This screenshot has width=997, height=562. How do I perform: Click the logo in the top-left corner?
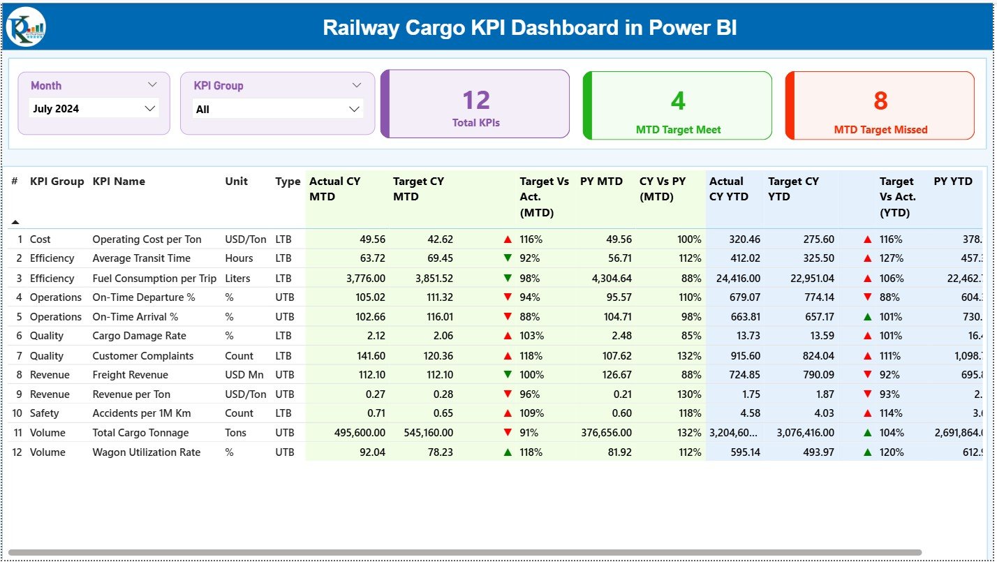point(26,27)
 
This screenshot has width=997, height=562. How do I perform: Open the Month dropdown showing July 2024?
point(94,108)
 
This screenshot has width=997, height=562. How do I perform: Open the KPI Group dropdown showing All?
point(277,109)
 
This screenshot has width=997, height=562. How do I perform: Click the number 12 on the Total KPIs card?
point(476,101)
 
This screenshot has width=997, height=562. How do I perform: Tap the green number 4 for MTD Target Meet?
point(678,101)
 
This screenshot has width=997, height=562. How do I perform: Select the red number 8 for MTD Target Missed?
point(880,101)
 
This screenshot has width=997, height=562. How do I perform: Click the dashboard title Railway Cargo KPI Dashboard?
point(529,27)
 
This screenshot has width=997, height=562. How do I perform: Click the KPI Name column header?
point(119,182)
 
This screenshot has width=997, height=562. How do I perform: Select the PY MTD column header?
point(600,182)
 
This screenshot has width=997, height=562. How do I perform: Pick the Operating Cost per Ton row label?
point(147,239)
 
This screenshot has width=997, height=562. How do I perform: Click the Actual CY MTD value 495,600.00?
point(360,433)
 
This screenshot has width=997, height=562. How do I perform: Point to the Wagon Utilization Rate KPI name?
point(146,452)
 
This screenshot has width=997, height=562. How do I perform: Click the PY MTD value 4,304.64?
point(605,278)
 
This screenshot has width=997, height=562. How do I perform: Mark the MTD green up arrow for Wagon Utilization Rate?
point(508,452)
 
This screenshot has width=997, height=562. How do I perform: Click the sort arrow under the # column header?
point(15,222)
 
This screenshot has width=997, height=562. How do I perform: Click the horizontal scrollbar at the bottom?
point(464,552)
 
